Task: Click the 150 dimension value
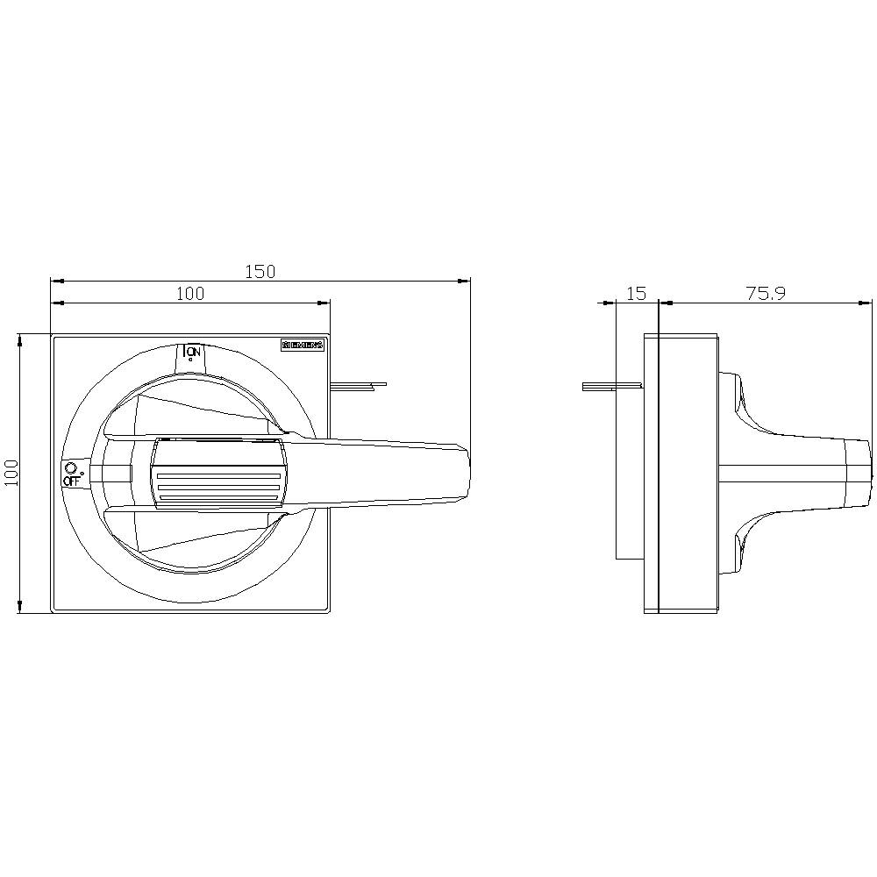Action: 260,271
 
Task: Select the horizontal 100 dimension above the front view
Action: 189,293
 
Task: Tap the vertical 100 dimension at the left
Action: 10,474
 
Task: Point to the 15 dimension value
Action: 638,293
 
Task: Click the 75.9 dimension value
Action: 765,293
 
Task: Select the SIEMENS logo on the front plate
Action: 303,346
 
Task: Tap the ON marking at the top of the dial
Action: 194,352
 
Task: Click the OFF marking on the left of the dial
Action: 71,481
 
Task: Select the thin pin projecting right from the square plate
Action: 360,384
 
